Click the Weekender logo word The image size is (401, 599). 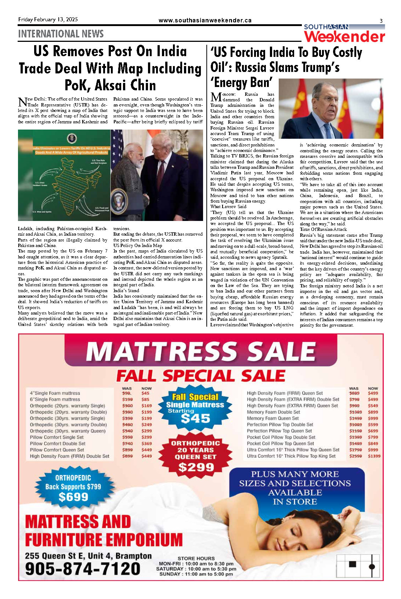tap(344, 37)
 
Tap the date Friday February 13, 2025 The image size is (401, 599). tap(48, 20)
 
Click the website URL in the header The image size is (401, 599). tap(205, 21)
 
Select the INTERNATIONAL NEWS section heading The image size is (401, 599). tap(61, 34)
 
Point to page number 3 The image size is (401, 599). tap(381, 21)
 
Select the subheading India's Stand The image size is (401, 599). tap(126, 291)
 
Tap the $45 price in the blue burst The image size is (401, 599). tap(195, 418)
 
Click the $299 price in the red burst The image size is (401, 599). tap(196, 467)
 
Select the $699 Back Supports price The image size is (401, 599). tap(73, 497)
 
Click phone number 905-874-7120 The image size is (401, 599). tap(83, 569)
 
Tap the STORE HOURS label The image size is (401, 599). tap(196, 558)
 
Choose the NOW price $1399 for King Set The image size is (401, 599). tap(374, 456)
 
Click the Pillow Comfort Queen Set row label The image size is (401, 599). tap(57, 450)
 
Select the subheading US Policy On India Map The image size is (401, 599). tap(137, 246)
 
